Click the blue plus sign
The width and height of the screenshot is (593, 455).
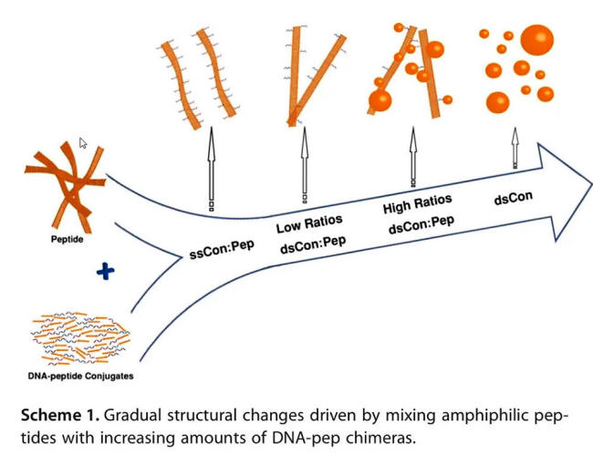[x=105, y=271]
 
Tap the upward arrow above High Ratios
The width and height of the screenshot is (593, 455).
[x=412, y=155]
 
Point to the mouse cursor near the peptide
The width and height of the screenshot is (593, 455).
[x=83, y=143]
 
